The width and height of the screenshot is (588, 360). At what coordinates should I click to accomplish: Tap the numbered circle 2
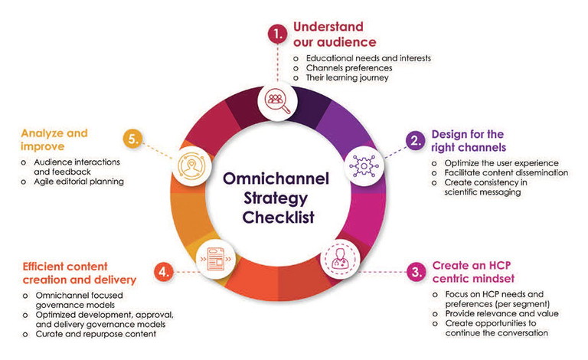(413, 141)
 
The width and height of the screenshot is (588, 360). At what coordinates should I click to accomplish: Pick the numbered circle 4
(162, 271)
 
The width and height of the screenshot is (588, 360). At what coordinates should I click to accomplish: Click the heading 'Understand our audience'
(335, 34)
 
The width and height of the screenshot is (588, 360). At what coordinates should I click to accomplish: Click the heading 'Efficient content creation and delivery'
(75, 272)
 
